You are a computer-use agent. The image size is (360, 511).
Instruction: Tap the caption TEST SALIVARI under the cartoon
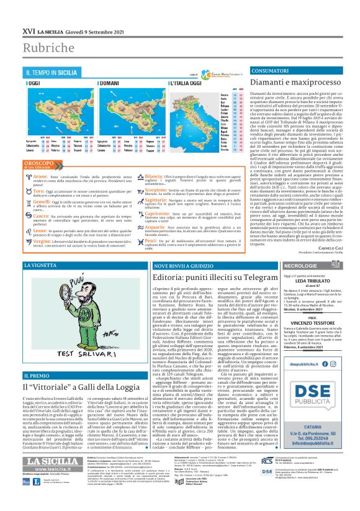[x=78, y=361]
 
